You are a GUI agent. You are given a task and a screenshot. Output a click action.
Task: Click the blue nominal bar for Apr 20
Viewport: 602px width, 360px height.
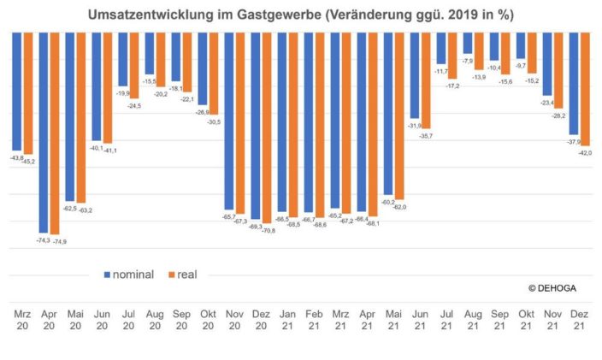point(44,133)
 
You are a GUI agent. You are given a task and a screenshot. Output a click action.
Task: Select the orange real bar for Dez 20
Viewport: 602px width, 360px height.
point(267,127)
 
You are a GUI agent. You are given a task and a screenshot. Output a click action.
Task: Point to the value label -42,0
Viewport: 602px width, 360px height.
point(585,152)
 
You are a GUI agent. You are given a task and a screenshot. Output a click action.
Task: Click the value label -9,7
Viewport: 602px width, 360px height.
point(521,65)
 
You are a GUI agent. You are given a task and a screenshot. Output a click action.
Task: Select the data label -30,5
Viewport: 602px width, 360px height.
point(213,122)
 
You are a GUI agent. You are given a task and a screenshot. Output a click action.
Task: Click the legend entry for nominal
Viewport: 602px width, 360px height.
point(128,274)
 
